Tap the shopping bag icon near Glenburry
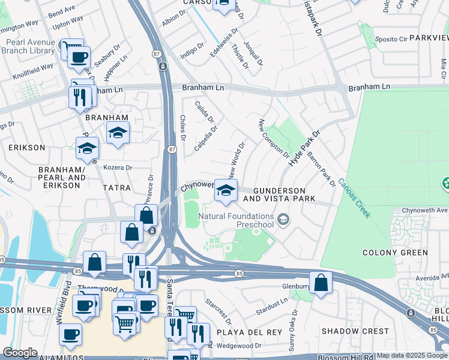click(x=321, y=283)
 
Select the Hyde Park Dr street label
click(x=304, y=151)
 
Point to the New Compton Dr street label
click(x=274, y=139)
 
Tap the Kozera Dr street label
click(x=117, y=167)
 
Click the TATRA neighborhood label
click(x=116, y=188)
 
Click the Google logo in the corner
click(x=20, y=353)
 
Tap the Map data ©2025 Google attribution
click(x=403, y=355)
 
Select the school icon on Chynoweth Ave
click(x=225, y=191)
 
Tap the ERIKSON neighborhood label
click(x=26, y=147)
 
